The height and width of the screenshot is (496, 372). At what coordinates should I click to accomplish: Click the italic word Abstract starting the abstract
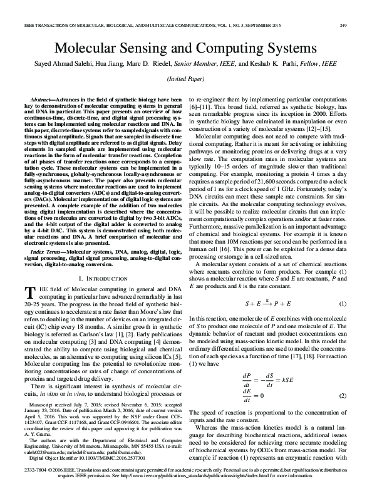tap(41, 100)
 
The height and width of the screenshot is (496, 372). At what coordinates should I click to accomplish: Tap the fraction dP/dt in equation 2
tap(246, 380)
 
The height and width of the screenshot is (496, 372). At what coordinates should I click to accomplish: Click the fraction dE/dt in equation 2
tap(246, 396)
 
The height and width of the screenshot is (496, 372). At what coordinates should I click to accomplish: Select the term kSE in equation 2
tap(289, 380)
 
